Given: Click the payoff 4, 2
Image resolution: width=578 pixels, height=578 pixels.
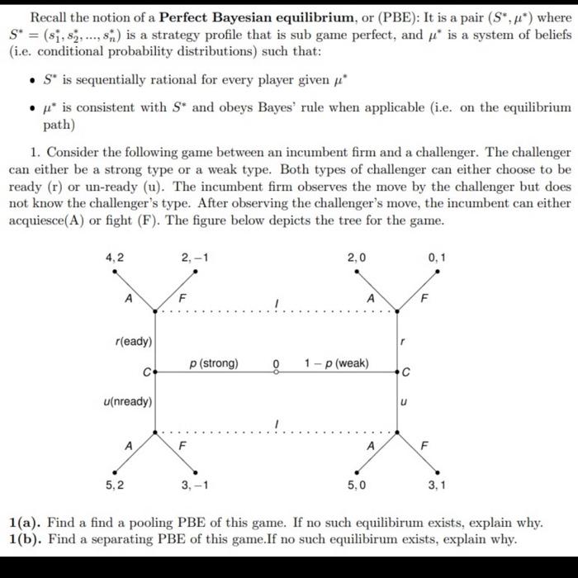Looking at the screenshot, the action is coord(115,258).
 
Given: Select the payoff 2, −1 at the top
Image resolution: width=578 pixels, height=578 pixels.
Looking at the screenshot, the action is coord(196,258).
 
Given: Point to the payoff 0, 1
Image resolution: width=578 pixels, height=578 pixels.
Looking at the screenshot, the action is coord(438,258).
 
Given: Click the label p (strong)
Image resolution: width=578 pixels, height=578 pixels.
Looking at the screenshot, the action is coord(214,363).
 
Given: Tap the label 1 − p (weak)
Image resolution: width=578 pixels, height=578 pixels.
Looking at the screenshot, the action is coord(336,363).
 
